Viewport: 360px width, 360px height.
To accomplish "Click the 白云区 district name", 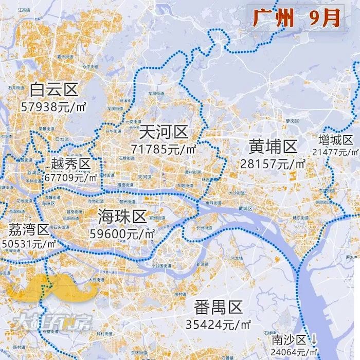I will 53,90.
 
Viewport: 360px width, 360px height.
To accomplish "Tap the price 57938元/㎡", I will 53,107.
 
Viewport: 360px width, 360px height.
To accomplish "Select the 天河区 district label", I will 164,133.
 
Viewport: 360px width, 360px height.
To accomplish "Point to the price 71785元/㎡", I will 164,150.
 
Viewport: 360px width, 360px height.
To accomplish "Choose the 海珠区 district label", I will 122,216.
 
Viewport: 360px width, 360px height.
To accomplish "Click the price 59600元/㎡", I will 122,233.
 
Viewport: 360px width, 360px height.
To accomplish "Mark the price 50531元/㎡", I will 29,244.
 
